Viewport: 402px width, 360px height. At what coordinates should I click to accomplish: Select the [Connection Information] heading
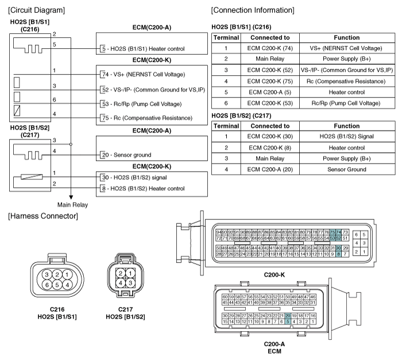[253, 10]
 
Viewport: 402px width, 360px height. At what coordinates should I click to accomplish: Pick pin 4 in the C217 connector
[122, 282]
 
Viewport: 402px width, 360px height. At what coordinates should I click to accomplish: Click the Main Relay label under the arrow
[73, 204]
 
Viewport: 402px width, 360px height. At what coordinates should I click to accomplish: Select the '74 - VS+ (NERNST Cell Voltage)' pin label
[144, 75]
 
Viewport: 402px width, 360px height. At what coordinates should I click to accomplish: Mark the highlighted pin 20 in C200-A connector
[288, 316]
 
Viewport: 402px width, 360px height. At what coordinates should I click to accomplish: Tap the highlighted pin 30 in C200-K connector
[338, 247]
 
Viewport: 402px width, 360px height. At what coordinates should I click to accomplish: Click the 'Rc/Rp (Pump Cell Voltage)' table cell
[346, 103]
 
